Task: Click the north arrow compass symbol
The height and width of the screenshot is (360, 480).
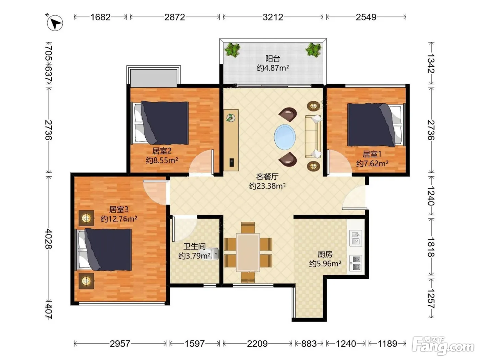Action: pyautogui.click(x=55, y=23)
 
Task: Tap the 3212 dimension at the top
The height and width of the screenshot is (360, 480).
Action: pyautogui.click(x=273, y=17)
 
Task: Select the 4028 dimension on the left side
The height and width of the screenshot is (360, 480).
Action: pyautogui.click(x=49, y=239)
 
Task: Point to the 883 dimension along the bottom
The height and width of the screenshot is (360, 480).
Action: pyautogui.click(x=309, y=344)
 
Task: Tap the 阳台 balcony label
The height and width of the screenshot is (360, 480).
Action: pyautogui.click(x=273, y=58)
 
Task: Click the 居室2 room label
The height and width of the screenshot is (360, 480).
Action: pyautogui.click(x=162, y=151)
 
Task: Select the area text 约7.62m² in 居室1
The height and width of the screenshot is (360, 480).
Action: pyautogui.click(x=372, y=163)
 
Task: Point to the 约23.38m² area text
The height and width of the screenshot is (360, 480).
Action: pyautogui.click(x=267, y=186)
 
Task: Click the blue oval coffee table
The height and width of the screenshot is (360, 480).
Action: pyautogui.click(x=285, y=137)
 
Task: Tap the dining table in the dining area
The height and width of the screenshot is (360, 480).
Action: pyautogui.click(x=248, y=252)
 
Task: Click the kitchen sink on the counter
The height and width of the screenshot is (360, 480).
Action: pyautogui.click(x=356, y=238)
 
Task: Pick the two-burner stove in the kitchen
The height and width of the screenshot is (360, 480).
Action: pyautogui.click(x=356, y=263)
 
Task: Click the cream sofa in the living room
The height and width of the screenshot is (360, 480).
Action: pyautogui.click(x=313, y=136)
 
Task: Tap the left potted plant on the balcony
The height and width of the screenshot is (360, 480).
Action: pyautogui.click(x=232, y=50)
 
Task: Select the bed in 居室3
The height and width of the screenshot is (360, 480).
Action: pyautogui.click(x=103, y=249)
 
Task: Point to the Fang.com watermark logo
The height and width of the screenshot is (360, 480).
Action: pyautogui.click(x=443, y=346)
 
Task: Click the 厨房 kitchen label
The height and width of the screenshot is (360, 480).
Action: pyautogui.click(x=325, y=254)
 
